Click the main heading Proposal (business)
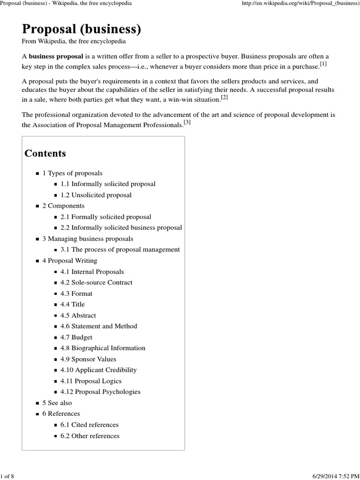point(81,29)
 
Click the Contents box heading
point(45,153)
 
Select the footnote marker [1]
point(323,64)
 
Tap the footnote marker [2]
point(224,97)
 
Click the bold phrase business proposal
point(56,56)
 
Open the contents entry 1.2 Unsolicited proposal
point(96,195)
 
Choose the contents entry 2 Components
point(63,206)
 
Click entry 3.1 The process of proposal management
point(120,249)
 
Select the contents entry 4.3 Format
point(76,293)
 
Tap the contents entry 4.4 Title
point(73,304)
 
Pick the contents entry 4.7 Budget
point(76,337)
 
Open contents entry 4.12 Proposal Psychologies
point(100,391)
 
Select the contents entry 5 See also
point(57,403)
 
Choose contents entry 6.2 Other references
point(90,436)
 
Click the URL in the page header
point(300,3)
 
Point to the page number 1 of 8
point(8,476)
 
